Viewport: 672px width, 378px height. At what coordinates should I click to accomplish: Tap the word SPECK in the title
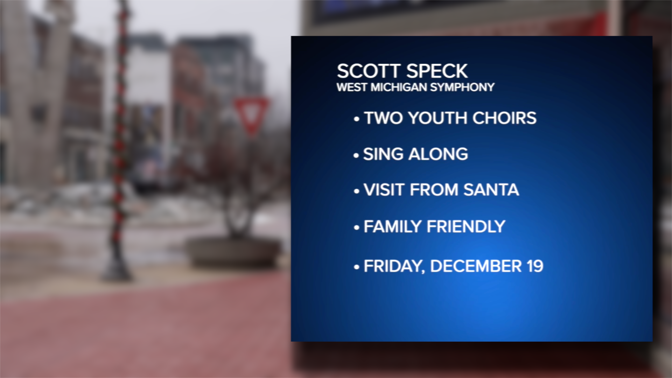tap(437, 71)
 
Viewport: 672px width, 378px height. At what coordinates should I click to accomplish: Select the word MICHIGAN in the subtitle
tap(399, 87)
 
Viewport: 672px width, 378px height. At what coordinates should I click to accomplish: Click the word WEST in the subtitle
tap(352, 87)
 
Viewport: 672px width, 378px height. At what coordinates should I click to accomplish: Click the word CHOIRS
tap(504, 118)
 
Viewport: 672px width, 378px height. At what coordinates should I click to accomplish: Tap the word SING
tap(383, 154)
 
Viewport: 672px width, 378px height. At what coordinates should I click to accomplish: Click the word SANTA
tap(491, 190)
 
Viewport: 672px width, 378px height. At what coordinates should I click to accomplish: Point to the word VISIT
tap(384, 190)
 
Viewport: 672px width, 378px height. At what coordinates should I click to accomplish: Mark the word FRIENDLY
tap(466, 226)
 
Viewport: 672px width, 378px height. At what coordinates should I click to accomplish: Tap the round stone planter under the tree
tap(234, 252)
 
